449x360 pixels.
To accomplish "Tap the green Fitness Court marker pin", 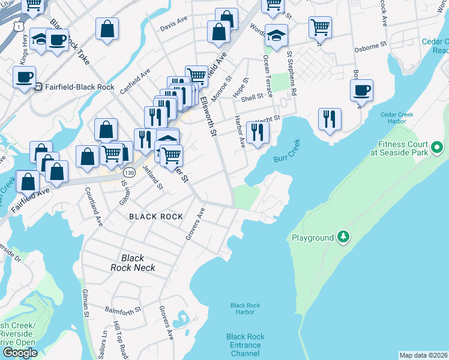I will tap(437, 146).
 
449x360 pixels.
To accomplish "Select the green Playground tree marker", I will tap(343, 237).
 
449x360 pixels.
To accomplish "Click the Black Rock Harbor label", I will tap(246, 308).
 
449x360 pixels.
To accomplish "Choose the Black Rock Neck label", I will tap(133, 263).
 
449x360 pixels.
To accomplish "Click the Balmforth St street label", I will tap(122, 310).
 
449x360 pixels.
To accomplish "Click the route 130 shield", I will tap(127, 173).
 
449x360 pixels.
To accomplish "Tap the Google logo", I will tap(20, 353).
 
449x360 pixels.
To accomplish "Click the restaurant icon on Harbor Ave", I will tap(258, 132).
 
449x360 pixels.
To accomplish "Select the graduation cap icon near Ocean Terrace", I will tap(276, 35).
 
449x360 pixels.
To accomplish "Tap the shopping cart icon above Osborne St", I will tap(320, 26).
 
